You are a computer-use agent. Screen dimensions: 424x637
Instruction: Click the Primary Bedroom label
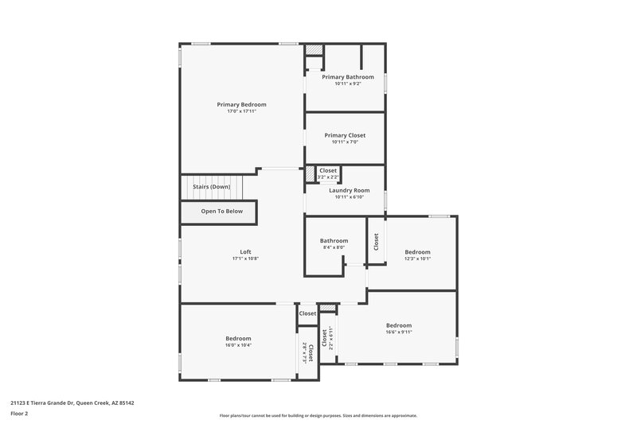click(241, 104)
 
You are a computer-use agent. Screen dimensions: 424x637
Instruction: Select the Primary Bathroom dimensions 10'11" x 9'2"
click(347, 84)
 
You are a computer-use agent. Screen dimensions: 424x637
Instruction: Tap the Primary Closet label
click(345, 135)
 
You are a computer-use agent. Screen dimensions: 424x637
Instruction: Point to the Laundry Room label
click(349, 190)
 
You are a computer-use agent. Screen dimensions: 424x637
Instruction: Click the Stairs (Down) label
click(211, 186)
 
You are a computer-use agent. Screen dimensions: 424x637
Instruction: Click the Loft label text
click(245, 251)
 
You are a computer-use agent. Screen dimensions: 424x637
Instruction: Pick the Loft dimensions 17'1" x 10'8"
click(245, 259)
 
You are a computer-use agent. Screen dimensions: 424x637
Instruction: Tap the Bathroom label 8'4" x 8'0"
click(334, 243)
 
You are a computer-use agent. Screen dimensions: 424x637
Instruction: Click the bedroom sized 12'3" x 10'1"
click(417, 255)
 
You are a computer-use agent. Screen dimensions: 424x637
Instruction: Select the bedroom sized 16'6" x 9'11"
click(399, 329)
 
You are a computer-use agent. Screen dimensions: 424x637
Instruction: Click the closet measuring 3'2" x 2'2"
click(327, 173)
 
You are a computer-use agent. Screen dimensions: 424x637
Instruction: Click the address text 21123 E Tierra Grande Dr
click(72, 403)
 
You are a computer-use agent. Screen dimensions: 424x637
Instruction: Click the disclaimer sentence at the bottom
click(318, 415)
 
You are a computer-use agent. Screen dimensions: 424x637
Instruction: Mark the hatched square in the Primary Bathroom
click(315, 49)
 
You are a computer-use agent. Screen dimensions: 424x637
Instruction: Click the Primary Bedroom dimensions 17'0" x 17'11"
click(241, 111)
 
